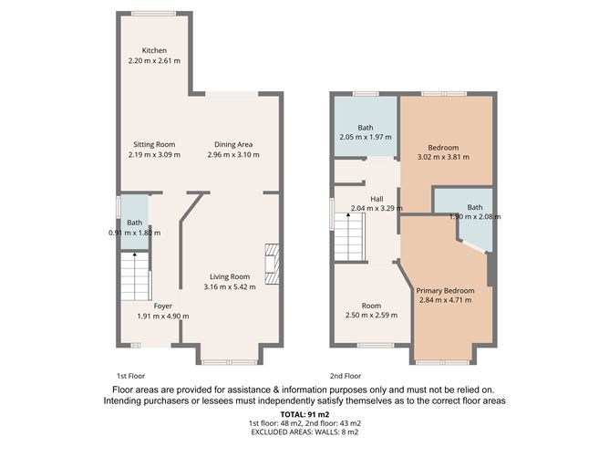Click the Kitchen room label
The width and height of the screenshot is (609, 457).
153,50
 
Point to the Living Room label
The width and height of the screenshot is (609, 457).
230,277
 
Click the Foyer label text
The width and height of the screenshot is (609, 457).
163,306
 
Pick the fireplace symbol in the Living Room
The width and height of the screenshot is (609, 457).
272,265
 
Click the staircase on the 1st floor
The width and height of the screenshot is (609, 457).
135,275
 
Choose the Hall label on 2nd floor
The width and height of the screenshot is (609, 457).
376,198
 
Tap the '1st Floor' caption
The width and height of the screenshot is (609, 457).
130,375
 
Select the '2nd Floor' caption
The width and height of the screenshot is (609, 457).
346,375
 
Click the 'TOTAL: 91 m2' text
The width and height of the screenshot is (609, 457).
304,415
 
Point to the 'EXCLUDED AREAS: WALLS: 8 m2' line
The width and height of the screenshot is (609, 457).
304,433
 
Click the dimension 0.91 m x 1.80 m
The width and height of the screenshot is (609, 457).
134,233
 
